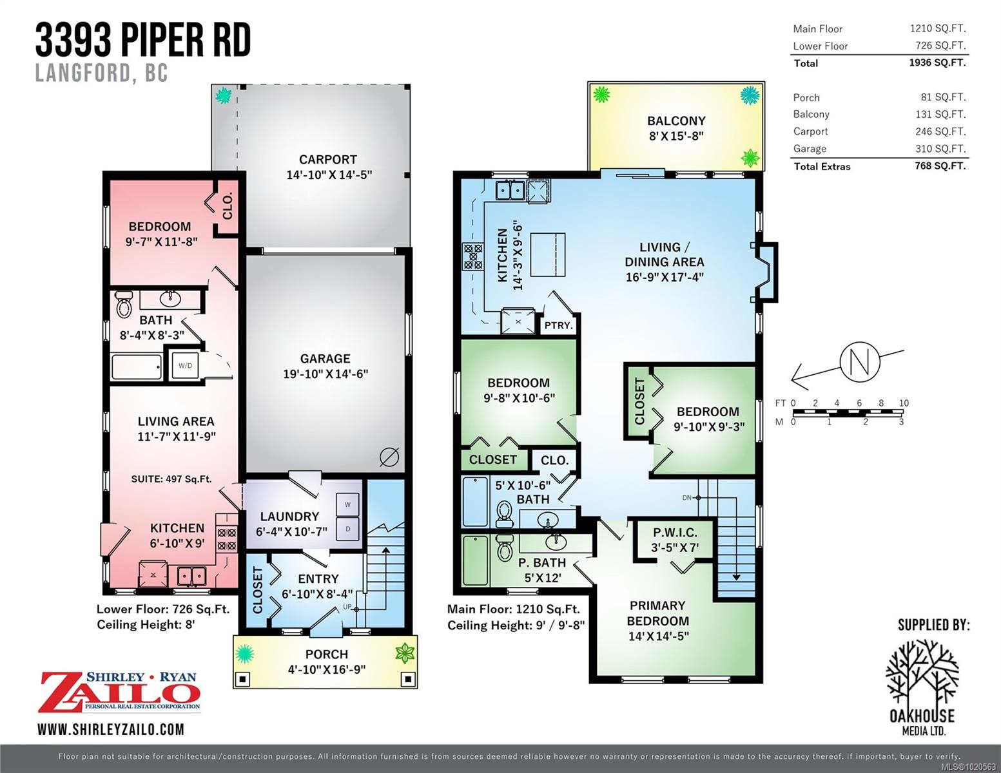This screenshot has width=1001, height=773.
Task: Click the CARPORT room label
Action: click(x=328, y=159)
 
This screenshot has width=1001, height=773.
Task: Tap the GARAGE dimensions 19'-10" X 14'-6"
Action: click(x=326, y=374)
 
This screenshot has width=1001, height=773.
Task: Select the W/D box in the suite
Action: click(x=185, y=365)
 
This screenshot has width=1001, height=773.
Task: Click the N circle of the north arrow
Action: click(x=860, y=361)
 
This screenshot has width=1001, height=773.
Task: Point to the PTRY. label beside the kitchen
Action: click(x=558, y=325)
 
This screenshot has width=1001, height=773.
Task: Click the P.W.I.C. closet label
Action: click(x=675, y=533)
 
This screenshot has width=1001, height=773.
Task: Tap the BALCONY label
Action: click(x=676, y=120)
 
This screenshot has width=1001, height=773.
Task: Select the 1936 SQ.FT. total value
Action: click(x=937, y=62)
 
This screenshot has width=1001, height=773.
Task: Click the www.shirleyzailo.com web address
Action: click(x=111, y=730)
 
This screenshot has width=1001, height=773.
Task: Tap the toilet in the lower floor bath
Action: click(x=124, y=304)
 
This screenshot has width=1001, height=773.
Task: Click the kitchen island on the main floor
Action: click(x=548, y=254)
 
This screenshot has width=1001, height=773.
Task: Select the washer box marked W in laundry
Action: click(x=348, y=505)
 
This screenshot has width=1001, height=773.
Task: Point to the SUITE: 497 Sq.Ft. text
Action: click(x=171, y=479)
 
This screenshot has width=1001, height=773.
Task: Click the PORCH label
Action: click(x=327, y=654)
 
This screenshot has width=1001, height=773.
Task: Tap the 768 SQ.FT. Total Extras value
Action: click(x=940, y=166)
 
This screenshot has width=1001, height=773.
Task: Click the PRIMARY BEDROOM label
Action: click(x=658, y=613)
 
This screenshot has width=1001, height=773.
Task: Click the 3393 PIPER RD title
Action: click(x=143, y=40)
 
